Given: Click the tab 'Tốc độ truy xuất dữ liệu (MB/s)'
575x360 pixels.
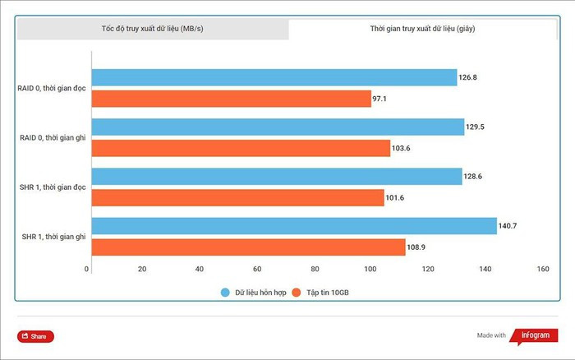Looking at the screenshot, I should tap(153, 29).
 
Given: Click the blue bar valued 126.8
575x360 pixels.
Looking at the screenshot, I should tap(274, 78).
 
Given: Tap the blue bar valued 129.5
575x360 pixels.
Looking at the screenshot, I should tap(278, 127).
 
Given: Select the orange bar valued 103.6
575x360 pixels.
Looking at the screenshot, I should tap(241, 148).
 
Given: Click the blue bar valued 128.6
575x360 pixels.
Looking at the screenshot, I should tap(276, 177).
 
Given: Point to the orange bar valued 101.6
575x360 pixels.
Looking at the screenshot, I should tap(237, 197).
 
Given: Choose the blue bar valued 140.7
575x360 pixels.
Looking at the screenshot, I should tap(293, 226).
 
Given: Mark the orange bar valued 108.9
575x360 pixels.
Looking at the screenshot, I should tap(248, 247).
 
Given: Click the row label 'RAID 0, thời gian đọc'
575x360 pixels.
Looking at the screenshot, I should tap(51, 89).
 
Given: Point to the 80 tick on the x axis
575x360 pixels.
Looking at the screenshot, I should tap(315, 270).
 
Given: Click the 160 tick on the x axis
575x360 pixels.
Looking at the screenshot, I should tap(541, 270).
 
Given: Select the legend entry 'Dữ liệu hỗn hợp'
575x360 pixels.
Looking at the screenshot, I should tap(254, 293).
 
